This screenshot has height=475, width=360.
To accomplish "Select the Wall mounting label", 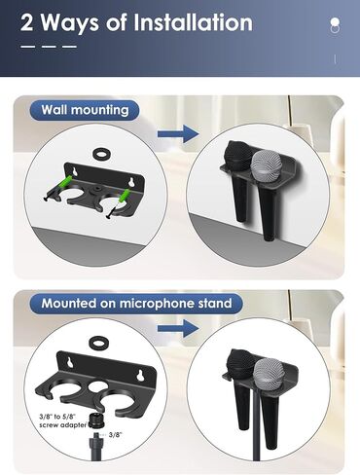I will pos(85,110).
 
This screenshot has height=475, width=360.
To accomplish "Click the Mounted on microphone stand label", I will pos(136,304).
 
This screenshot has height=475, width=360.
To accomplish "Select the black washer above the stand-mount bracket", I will pos(97,343).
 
